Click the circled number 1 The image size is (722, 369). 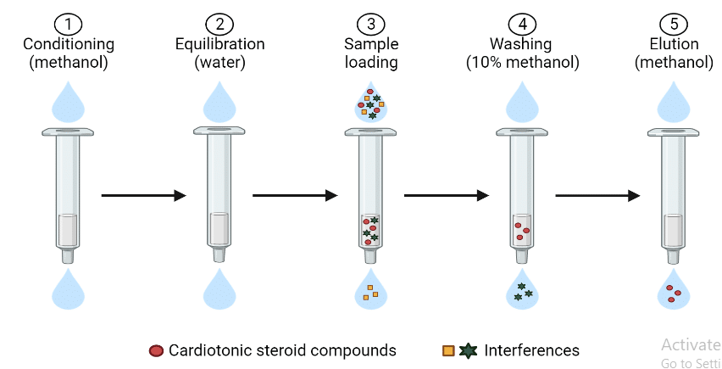click(68, 23)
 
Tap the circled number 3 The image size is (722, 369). click(370, 23)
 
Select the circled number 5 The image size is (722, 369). click(674, 23)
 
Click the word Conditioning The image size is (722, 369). click(68, 44)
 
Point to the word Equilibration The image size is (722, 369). click(219, 44)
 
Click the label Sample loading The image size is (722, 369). click(370, 53)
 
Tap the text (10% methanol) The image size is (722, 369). click(522, 62)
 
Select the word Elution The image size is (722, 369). click(674, 44)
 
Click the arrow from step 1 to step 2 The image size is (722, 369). click(143, 196)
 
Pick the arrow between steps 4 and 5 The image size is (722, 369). click(597, 196)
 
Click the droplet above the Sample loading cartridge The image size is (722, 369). click(371, 103)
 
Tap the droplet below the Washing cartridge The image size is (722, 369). click(522, 290)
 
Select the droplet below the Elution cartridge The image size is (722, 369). click(674, 291)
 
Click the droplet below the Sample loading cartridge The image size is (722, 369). click(371, 291)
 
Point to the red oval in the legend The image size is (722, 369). click(156, 350)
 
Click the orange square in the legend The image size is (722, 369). click(447, 350)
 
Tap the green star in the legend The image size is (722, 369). click(467, 350)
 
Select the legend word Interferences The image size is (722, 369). click(531, 350)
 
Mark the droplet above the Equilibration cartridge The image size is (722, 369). click(219, 102)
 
